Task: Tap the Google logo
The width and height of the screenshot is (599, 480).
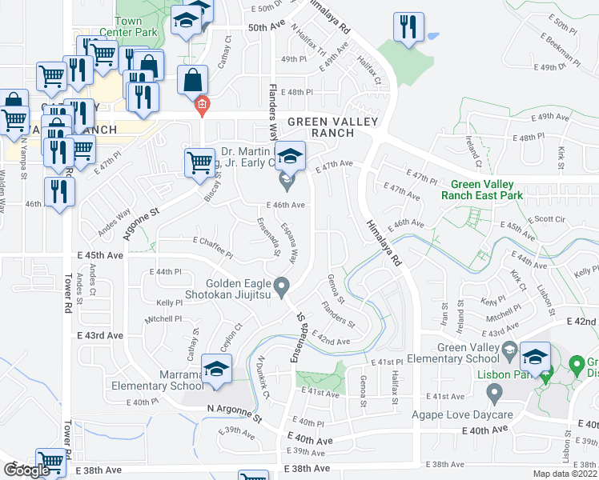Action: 26,470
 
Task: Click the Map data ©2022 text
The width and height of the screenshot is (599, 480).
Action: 565,474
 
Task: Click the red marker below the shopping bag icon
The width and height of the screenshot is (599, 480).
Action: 202,103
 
